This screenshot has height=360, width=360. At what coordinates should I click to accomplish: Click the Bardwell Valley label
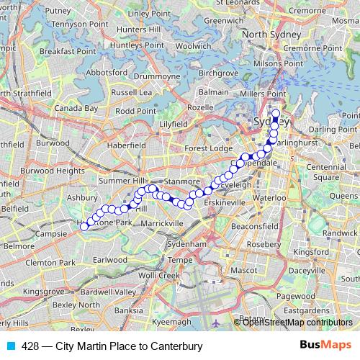[x=108, y=292]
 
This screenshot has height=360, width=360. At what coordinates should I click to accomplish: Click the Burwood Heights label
[x=53, y=171]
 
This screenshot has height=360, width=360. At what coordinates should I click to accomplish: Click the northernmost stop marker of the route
[x=275, y=112]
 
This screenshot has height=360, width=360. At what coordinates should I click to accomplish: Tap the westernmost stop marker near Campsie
[x=84, y=226]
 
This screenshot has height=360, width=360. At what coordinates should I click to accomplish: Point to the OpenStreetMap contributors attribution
[x=297, y=322]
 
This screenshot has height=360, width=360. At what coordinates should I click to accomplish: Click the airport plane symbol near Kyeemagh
[x=217, y=322]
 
